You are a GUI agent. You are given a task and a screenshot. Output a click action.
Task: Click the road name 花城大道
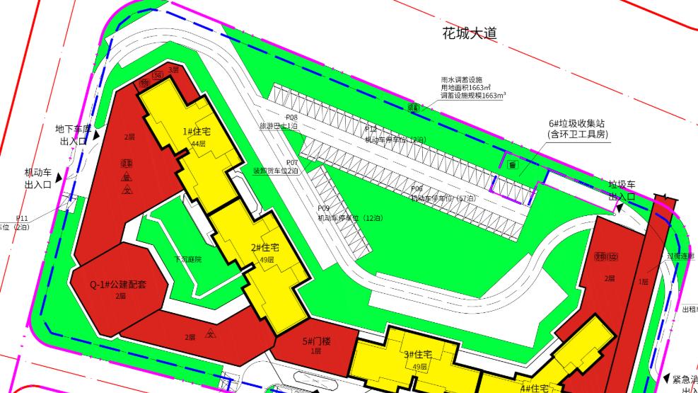click(470, 33)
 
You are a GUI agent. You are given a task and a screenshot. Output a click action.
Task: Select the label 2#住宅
click(265, 248)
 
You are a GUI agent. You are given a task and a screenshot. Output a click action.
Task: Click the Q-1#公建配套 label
click(117, 285)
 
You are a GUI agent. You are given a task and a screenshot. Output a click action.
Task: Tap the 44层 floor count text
click(197, 144)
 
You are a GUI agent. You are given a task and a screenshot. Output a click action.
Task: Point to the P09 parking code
click(324, 208)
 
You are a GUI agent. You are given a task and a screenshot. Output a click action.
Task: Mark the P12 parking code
click(371, 129)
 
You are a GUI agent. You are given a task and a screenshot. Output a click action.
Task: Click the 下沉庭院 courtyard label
click(188, 260)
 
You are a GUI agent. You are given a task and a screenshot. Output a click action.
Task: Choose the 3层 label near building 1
click(173, 70)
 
